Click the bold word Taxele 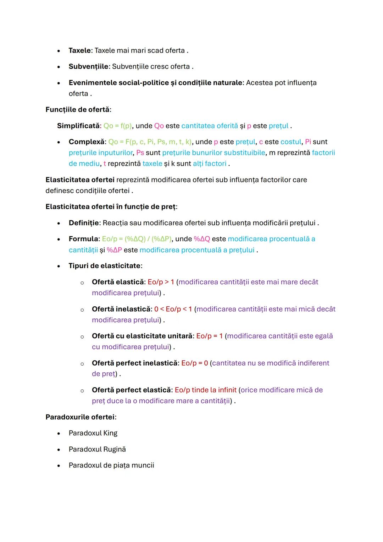[79, 50]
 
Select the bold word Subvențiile [88, 67]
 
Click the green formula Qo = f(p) [117, 126]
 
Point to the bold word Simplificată [78, 126]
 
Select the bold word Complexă [87, 142]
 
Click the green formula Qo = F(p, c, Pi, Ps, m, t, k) [150, 142]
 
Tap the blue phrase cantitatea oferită [210, 126]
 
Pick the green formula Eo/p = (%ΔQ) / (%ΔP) [137, 239]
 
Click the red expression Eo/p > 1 [161, 282]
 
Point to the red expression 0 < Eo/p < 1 [173, 309]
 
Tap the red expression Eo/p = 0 [194, 363]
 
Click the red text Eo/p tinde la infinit [205, 390]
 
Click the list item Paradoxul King [93, 433]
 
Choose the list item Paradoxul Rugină [97, 449]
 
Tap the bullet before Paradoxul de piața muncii [59, 466]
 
